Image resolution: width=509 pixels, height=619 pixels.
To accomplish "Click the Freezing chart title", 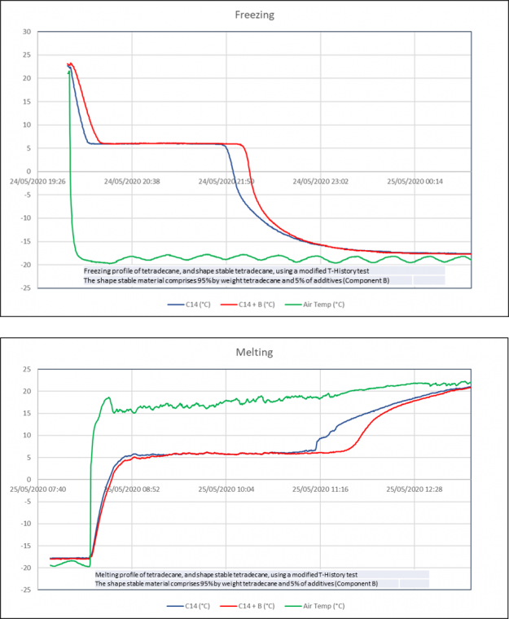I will tap(254, 14).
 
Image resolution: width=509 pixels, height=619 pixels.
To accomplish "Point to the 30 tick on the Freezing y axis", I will tap(26, 33).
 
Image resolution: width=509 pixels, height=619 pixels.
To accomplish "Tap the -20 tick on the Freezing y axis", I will tap(24, 265).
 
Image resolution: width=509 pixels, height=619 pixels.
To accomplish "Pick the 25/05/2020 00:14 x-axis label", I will tap(412, 182).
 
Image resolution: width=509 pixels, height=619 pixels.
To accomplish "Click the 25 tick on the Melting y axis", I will tap(26, 370).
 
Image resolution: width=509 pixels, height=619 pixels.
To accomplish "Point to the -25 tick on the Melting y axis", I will tap(24, 589).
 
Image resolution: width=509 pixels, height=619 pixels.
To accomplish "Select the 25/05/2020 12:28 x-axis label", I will tap(414, 490).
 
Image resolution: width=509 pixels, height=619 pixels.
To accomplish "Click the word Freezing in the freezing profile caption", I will tap(98, 270).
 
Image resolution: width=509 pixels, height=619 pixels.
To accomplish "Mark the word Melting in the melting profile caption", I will tap(109, 574).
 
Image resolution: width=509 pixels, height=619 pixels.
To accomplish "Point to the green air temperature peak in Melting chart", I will tap(108, 397).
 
